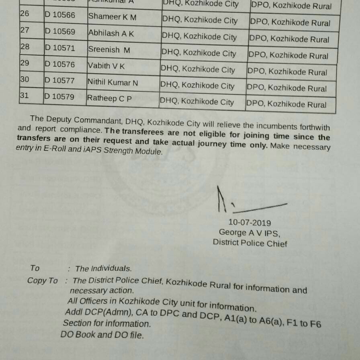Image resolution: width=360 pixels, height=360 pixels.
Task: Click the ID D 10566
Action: click(60, 15)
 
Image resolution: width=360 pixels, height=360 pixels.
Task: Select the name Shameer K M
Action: click(112, 16)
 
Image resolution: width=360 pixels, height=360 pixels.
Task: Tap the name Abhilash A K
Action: click(111, 33)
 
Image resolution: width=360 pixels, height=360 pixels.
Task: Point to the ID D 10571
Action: click(60, 48)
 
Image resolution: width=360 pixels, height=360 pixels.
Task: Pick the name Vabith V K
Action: click(106, 65)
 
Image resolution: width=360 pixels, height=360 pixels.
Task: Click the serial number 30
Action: click(25, 80)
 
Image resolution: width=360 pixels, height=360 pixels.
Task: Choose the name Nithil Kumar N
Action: click(112, 82)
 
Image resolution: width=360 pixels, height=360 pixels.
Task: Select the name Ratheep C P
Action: click(109, 98)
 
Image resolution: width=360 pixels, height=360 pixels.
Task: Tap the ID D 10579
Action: click(59, 96)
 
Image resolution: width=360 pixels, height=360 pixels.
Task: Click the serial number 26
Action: click(25, 14)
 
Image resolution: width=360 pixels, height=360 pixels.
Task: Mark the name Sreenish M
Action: click(109, 50)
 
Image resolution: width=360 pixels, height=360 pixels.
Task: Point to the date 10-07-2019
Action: click(250, 222)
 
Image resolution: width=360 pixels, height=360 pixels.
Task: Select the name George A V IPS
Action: click(250, 233)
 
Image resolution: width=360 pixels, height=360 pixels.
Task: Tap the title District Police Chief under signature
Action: click(250, 243)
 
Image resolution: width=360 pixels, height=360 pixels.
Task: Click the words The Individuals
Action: click(103, 268)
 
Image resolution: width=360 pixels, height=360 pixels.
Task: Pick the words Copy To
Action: click(43, 280)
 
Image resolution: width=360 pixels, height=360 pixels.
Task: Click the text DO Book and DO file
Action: click(102, 334)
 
